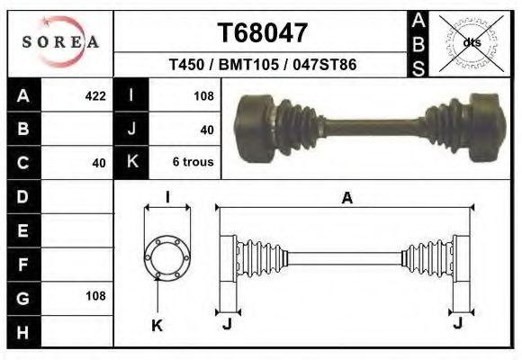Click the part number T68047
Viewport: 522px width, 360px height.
tap(264, 33)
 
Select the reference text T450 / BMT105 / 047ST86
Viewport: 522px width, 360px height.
tap(263, 66)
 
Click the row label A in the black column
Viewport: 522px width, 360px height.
tap(23, 95)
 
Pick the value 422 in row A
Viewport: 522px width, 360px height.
tap(94, 95)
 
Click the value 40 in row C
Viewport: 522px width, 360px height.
tap(99, 163)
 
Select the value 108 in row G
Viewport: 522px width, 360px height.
tap(94, 295)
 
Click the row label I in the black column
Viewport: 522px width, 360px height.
tap(131, 95)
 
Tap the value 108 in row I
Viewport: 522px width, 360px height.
tap(202, 95)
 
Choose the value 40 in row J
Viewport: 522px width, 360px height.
tap(206, 130)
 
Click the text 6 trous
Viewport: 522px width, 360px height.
tap(193, 163)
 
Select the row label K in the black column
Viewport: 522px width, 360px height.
tap(131, 163)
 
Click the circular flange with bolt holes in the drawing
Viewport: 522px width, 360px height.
tap(167, 256)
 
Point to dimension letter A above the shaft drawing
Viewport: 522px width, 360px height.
tap(346, 199)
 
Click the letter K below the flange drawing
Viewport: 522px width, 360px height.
tap(156, 326)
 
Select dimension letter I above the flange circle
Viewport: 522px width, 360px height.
tap(167, 198)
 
